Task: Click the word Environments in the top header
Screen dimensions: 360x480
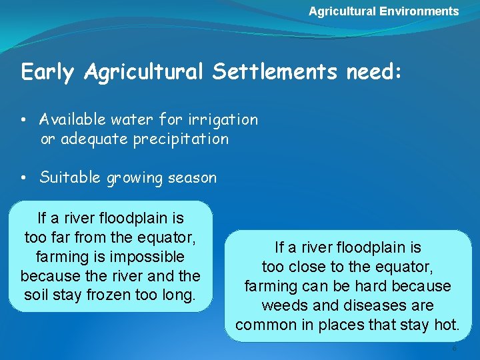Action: coord(419,11)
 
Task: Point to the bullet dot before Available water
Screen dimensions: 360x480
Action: coord(23,120)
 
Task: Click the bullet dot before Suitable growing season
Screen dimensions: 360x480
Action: coord(23,178)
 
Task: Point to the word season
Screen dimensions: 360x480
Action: coord(192,178)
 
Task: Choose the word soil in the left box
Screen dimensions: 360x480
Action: coord(38,295)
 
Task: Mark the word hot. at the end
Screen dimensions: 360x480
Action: coord(446,325)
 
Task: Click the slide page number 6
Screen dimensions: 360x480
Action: coord(455,349)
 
